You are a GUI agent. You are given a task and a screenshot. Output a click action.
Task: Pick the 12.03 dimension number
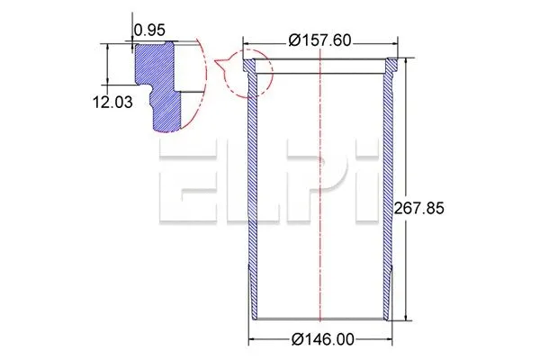tap(112, 103)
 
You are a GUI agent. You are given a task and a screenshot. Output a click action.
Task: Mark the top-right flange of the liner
tap(391, 65)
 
